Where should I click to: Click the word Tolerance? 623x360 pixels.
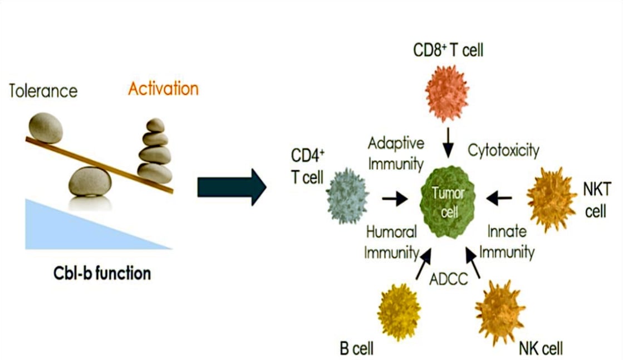(x=43, y=91)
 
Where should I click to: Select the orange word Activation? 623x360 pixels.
(x=163, y=89)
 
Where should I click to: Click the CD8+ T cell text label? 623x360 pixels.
(x=448, y=51)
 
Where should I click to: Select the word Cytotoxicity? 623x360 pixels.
(x=503, y=150)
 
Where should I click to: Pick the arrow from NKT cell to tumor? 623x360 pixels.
(x=499, y=196)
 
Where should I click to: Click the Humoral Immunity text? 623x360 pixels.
(x=391, y=242)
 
